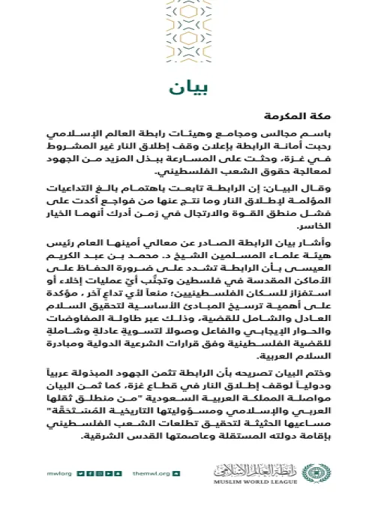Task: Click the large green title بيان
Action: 187,88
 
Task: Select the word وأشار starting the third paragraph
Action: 314,244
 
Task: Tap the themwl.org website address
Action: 149,473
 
